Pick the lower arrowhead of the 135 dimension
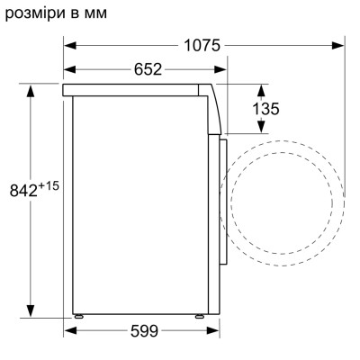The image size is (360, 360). (x=263, y=130)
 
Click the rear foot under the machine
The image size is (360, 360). (x=79, y=315)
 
